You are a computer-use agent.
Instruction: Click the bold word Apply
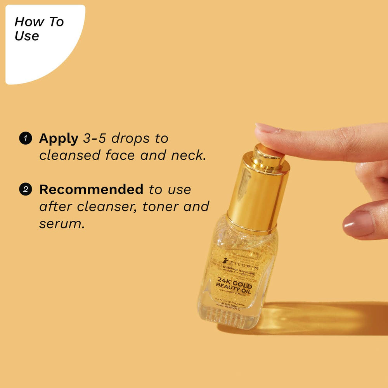[x=59, y=139]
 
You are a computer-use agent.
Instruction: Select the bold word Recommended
[x=91, y=189]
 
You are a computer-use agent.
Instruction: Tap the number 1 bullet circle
[x=26, y=138]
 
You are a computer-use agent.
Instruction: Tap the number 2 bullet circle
[x=26, y=189]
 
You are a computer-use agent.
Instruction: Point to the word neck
[x=188, y=155]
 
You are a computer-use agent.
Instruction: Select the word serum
[x=61, y=224]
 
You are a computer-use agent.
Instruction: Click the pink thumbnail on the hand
[x=358, y=224]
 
